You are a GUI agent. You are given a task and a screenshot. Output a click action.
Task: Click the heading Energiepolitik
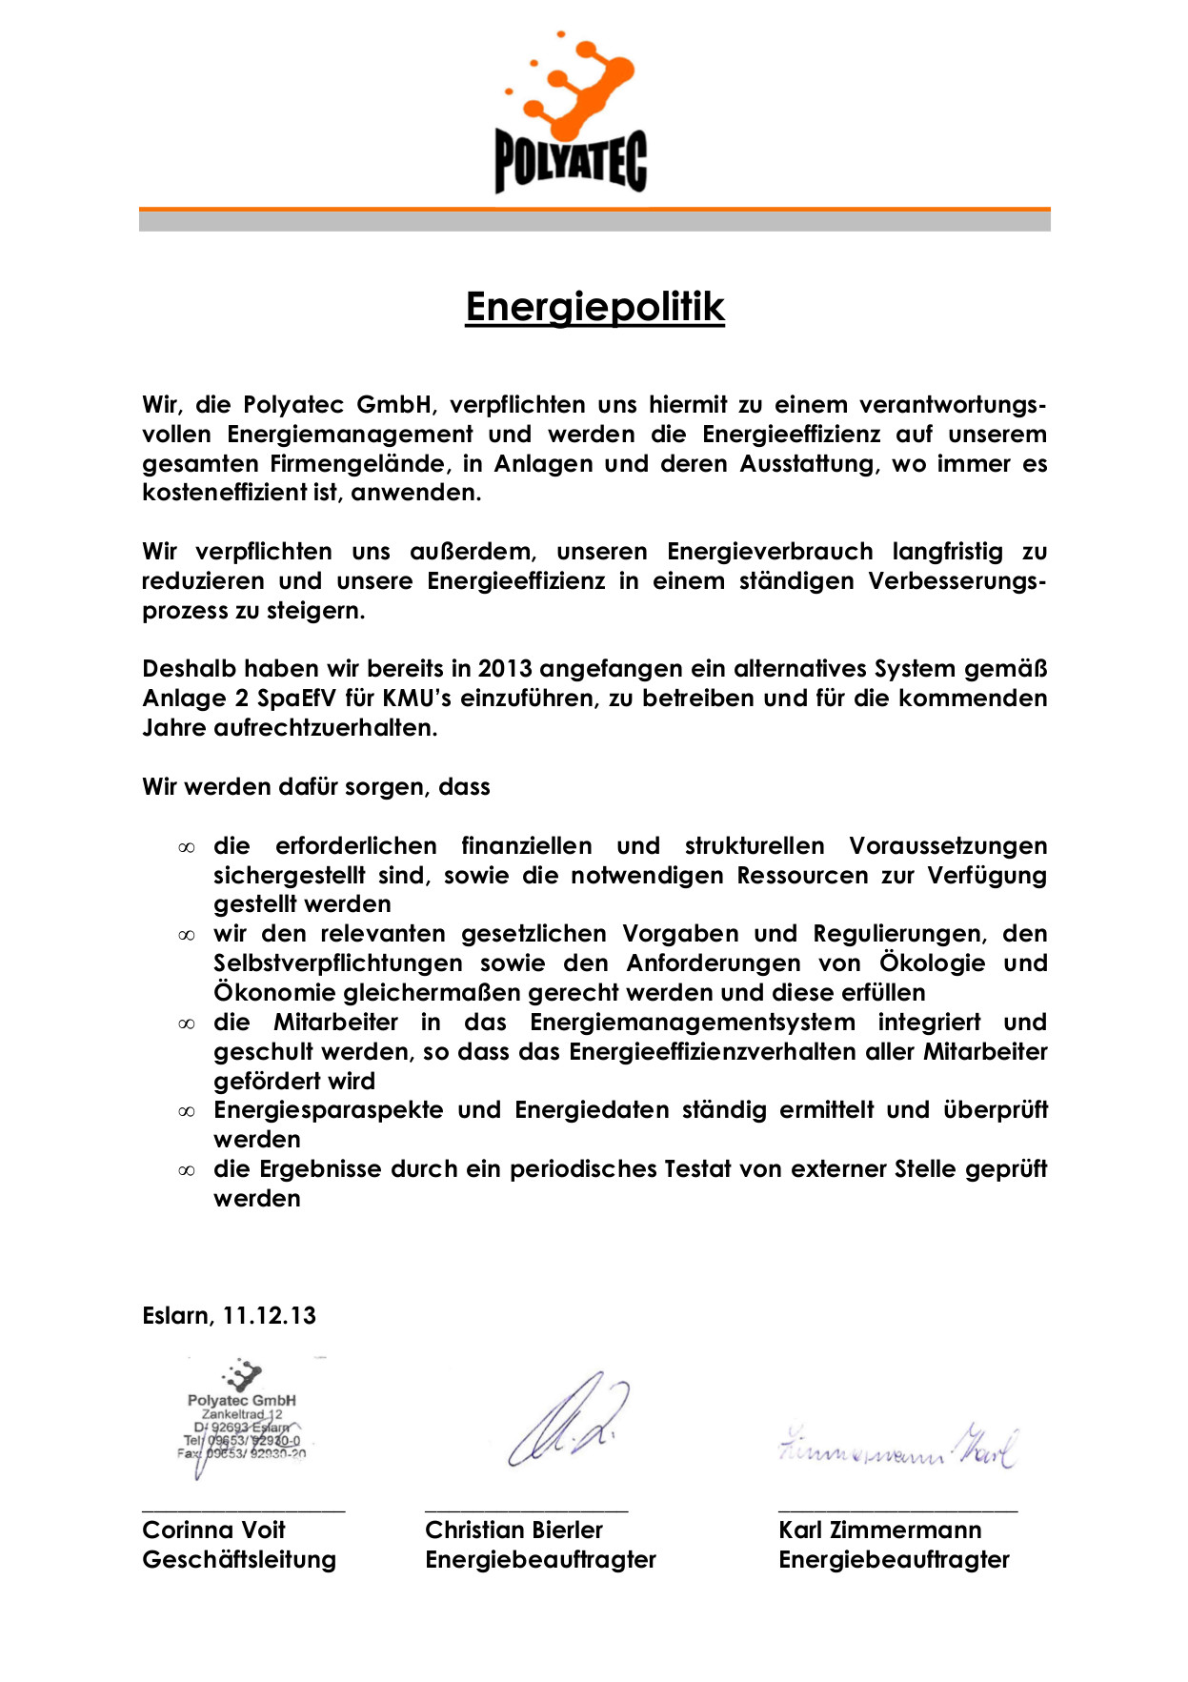coord(594,307)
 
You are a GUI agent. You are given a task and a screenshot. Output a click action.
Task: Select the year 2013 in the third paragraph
coord(506,669)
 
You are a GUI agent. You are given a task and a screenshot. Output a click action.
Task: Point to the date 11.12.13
coord(270,1316)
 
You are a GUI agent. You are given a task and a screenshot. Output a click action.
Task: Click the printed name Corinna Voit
coord(213,1530)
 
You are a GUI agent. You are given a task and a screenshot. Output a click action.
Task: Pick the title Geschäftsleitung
coord(239,1560)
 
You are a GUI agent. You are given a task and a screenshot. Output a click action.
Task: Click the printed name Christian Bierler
coord(513,1530)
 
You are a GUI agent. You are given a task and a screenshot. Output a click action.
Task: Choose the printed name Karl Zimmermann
coord(879,1530)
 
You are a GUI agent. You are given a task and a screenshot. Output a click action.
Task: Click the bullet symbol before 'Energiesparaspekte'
coord(187,1112)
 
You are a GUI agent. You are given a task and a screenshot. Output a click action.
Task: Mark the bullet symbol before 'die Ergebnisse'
coord(187,1171)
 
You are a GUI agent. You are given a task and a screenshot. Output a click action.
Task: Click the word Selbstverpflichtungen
coord(338,963)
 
